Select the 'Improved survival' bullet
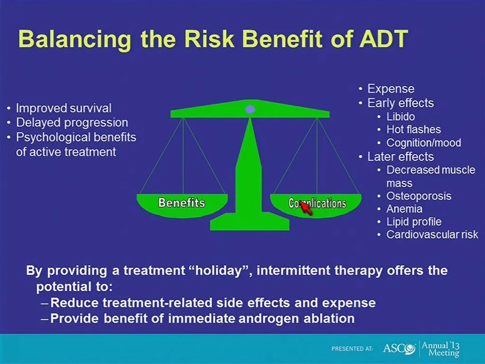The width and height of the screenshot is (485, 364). click(63, 109)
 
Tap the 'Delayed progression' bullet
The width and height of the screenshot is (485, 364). click(72, 122)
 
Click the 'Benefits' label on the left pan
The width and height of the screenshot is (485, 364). click(181, 203)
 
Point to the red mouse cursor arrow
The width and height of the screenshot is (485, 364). click(305, 208)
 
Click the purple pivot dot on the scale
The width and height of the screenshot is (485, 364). click(250, 109)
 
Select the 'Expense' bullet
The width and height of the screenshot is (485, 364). click(391, 89)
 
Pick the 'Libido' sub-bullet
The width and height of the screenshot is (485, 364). click(401, 117)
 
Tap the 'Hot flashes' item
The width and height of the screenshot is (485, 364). click(413, 129)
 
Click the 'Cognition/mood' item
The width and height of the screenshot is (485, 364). click(423, 143)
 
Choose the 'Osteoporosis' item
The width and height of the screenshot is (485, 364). click(419, 196)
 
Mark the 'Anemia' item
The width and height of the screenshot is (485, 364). click(404, 209)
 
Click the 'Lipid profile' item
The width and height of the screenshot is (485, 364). click(414, 222)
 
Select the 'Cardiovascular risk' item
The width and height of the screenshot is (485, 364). click(432, 235)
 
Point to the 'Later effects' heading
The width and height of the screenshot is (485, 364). click(400, 156)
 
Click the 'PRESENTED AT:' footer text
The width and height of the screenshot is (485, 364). click(352, 349)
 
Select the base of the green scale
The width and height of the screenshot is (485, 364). click(250, 223)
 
